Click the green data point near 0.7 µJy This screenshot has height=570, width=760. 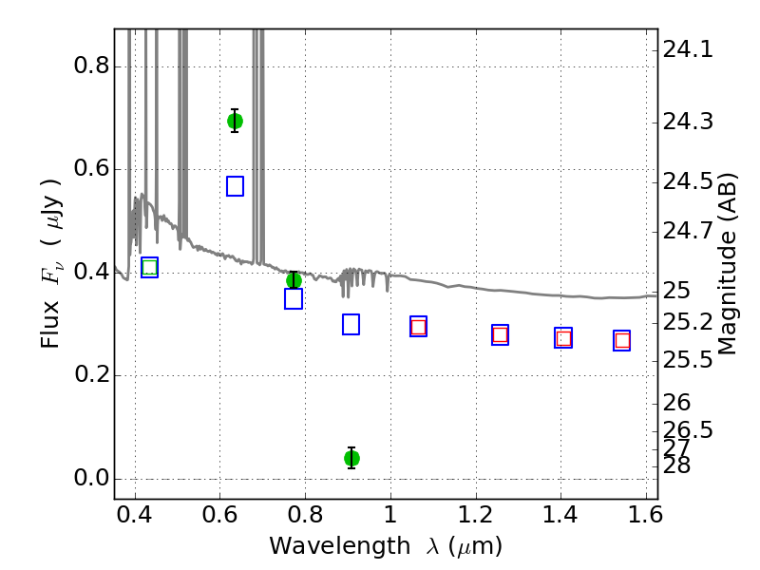(235, 121)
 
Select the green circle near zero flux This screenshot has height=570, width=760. (351, 458)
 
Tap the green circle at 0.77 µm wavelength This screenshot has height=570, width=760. (294, 280)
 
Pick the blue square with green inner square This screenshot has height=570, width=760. (150, 268)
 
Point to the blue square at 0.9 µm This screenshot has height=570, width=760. (351, 324)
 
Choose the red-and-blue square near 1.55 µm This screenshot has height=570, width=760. (622, 341)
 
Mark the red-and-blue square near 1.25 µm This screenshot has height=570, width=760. (501, 335)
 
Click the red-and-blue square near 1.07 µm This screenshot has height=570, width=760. (418, 326)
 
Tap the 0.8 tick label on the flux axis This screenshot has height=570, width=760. (91, 65)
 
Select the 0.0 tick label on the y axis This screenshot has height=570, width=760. (91, 478)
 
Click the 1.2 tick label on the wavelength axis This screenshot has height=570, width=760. (476, 515)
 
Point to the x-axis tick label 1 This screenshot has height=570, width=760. (390, 515)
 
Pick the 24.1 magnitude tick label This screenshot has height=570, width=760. (688, 49)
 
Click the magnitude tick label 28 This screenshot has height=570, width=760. (676, 465)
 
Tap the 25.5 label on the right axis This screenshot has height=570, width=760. (688, 361)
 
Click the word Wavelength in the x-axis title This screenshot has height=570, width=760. (340, 546)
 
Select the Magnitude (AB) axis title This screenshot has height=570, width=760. (727, 264)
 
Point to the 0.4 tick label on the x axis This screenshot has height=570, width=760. (135, 515)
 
